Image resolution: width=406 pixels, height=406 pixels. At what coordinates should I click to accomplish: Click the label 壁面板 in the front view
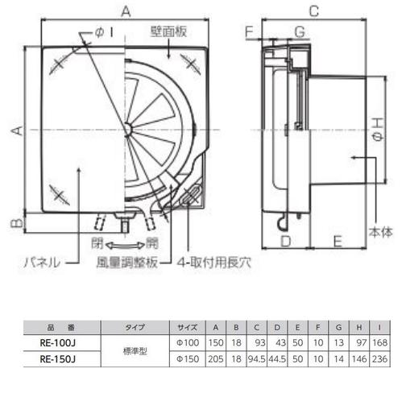[168, 32]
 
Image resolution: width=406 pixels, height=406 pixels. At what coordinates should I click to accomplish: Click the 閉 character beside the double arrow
[97, 241]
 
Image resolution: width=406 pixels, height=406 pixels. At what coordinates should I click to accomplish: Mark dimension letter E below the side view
[338, 241]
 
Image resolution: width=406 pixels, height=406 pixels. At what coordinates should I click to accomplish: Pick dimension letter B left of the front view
[14, 221]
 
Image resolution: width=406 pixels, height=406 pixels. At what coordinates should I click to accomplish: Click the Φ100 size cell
[187, 341]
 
